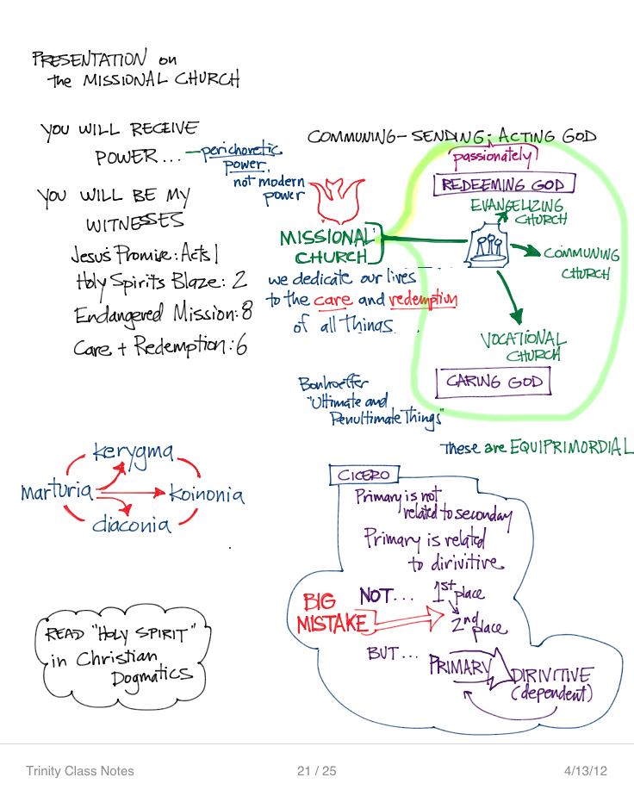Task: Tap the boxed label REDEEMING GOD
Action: pyautogui.click(x=502, y=185)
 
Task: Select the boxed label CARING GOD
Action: pyautogui.click(x=494, y=381)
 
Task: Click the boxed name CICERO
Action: pyautogui.click(x=364, y=475)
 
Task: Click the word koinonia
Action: pyautogui.click(x=207, y=494)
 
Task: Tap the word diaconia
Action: pyautogui.click(x=132, y=524)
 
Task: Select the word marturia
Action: pyautogui.click(x=56, y=493)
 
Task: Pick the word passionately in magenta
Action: pyautogui.click(x=492, y=157)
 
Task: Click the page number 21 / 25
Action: pyautogui.click(x=316, y=771)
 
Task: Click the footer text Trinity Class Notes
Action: pyautogui.click(x=79, y=771)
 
